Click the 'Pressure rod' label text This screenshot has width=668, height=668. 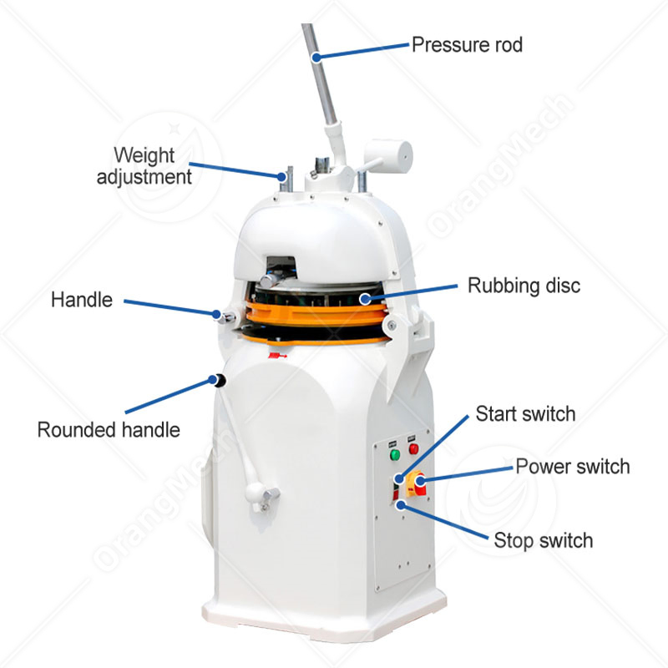pyautogui.click(x=467, y=43)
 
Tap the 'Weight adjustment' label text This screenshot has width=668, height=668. pyautogui.click(x=144, y=165)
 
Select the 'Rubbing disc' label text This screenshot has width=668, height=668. pyautogui.click(x=523, y=286)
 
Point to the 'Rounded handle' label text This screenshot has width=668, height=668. pyautogui.click(x=109, y=430)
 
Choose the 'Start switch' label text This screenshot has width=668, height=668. pyautogui.click(x=525, y=413)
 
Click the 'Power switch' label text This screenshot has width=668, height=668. pyautogui.click(x=572, y=466)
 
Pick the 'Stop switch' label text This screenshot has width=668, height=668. pyautogui.click(x=543, y=539)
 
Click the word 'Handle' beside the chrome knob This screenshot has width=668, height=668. pyautogui.click(x=81, y=299)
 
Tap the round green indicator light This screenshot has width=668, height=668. pyautogui.click(x=396, y=455)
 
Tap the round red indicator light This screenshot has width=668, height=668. pyautogui.click(x=412, y=449)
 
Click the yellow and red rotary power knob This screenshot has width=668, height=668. pyautogui.click(x=417, y=483)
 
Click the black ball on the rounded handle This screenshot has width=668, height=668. pyautogui.click(x=220, y=381)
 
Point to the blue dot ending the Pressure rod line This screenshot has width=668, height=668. pyautogui.click(x=316, y=57)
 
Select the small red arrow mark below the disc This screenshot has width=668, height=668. pyautogui.click(x=273, y=357)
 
